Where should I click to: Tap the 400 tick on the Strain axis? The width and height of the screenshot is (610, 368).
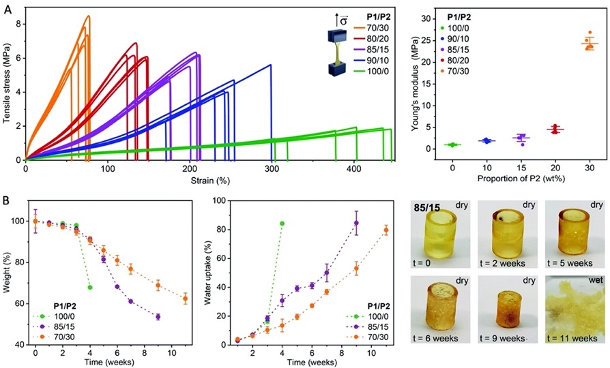click(x=274, y=169)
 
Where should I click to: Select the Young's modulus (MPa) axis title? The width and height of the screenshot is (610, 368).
click(x=413, y=86)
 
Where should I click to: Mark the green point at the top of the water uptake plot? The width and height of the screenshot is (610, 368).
click(x=282, y=224)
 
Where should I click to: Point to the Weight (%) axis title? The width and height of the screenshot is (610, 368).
click(x=8, y=273)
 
